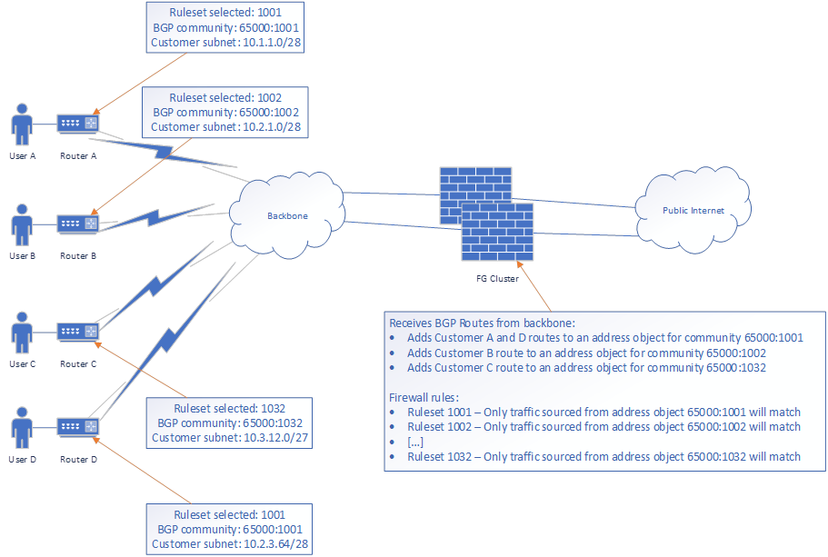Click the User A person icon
[22, 124]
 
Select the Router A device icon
[77, 123]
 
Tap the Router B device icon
[77, 224]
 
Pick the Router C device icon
[77, 332]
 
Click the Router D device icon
[77, 426]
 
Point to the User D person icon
[22, 427]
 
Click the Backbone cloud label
[287, 216]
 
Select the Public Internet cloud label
[693, 211]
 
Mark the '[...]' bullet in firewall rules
[416, 442]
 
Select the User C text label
[22, 363]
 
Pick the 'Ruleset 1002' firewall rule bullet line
[604, 426]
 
